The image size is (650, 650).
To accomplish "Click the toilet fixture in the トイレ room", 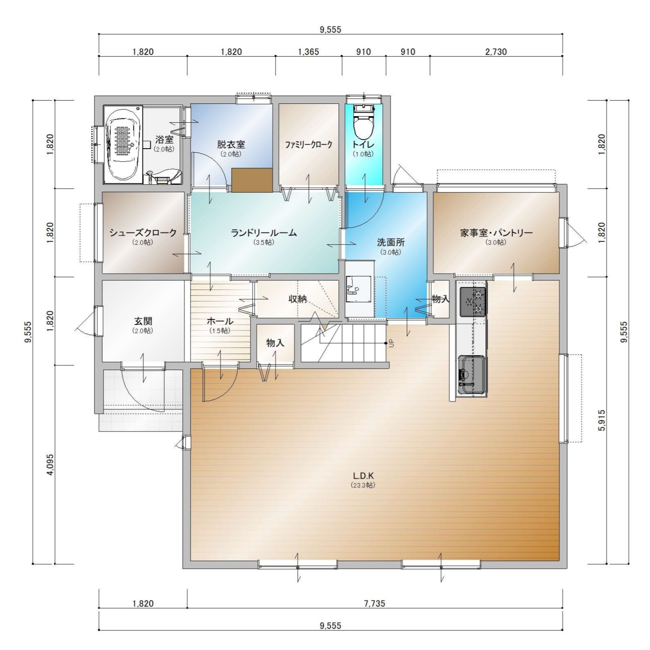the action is (364, 122).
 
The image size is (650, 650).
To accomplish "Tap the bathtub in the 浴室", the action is (123, 144).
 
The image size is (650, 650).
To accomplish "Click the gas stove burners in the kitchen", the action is (473, 301).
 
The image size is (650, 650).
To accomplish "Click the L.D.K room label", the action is (363, 476).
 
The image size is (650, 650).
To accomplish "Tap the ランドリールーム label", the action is (264, 233).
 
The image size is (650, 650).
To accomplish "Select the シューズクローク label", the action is (142, 233).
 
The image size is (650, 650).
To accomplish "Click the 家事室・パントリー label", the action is (496, 233).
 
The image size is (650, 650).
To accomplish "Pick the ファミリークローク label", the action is (309, 145).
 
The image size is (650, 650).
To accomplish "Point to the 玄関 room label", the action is (142, 321).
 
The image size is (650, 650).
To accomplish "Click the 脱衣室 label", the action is (231, 145).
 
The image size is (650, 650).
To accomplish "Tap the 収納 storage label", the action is (298, 299).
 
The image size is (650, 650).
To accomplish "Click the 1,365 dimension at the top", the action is (308, 52).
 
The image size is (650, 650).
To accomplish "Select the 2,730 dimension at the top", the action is (496, 52).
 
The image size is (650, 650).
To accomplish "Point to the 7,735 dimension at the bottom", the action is (374, 603).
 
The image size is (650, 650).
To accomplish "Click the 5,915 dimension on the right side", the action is (602, 420).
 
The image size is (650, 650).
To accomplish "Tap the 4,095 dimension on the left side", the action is (51, 464).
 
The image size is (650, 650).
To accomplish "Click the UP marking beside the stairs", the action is (391, 343).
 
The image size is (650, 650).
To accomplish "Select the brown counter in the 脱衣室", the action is (252, 180).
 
